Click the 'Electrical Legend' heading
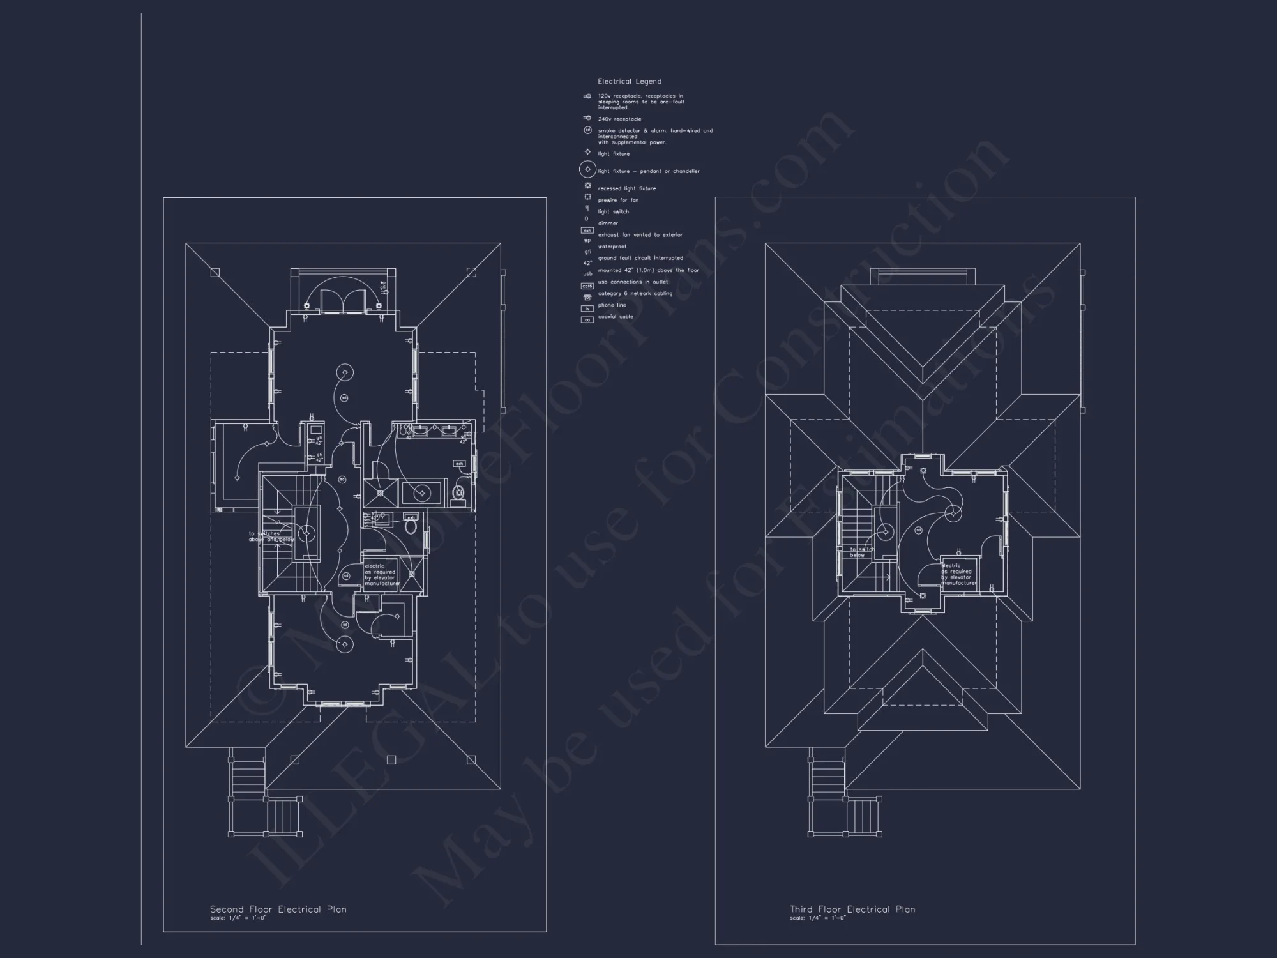[629, 82]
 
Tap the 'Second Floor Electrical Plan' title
[278, 909]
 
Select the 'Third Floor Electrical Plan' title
[852, 909]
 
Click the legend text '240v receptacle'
[619, 119]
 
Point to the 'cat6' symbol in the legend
[587, 286]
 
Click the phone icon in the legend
[587, 297]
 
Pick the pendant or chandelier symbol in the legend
[587, 170]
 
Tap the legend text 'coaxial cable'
[616, 317]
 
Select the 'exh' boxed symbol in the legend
[587, 231]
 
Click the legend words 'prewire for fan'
[618, 201]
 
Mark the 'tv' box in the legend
[587, 308]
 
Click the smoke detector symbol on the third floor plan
[918, 530]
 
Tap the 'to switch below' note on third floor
[861, 552]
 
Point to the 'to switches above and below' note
[271, 536]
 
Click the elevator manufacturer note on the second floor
[382, 575]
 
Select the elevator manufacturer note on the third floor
[958, 574]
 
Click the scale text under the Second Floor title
[238, 918]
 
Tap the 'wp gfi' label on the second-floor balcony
[383, 285]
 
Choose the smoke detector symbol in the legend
[587, 130]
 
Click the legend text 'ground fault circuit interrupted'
[640, 259]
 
